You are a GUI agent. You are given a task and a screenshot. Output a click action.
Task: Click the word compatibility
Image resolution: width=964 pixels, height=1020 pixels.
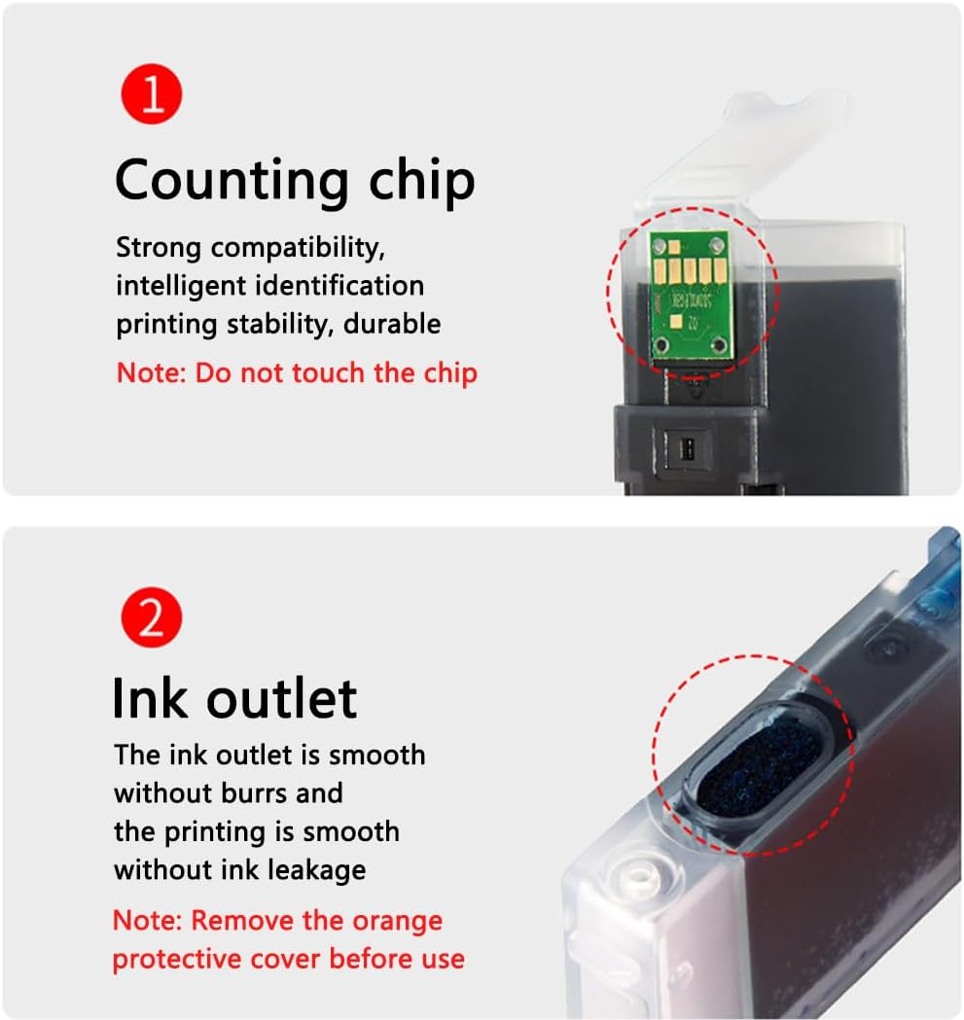coord(298,248)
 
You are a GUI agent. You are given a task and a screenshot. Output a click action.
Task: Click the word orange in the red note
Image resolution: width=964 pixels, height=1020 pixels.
coord(394,920)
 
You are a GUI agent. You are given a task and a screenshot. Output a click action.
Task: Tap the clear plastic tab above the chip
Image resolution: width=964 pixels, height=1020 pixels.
coord(739,146)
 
